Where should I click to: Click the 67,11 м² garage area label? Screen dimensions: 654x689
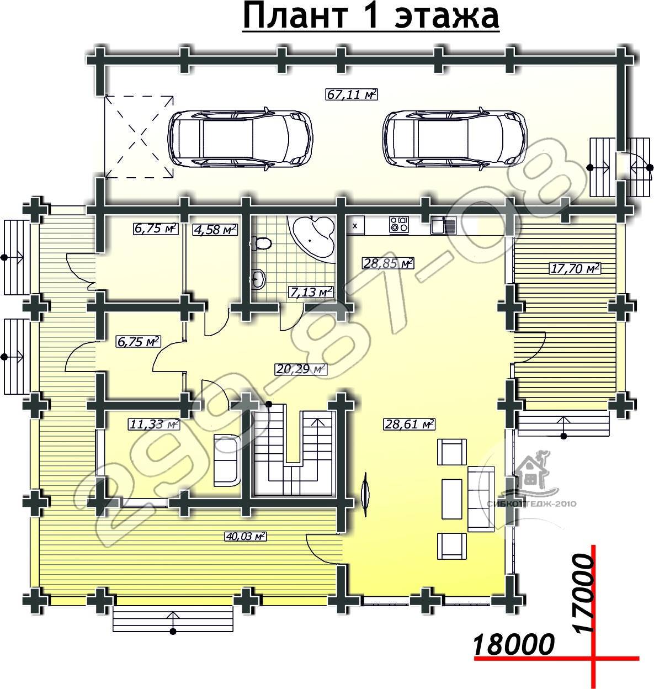[x=352, y=94]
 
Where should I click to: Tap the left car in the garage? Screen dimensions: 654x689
[x=241, y=139]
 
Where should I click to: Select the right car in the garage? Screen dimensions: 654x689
[x=455, y=139]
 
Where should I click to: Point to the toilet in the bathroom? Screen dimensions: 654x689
[x=261, y=243]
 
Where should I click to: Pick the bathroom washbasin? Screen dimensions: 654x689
[x=259, y=279]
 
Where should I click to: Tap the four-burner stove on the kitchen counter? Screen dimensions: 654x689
[x=399, y=224]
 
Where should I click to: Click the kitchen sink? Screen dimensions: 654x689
[x=444, y=225]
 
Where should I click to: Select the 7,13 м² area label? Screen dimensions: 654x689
[x=311, y=291]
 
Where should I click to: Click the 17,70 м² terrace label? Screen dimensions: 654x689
[x=575, y=268]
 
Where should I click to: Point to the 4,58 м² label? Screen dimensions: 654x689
[x=215, y=230]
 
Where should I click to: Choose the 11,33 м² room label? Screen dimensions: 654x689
[x=154, y=425]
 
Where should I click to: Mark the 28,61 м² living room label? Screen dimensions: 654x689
[x=409, y=425]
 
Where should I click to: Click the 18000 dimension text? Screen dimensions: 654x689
[x=514, y=643]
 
